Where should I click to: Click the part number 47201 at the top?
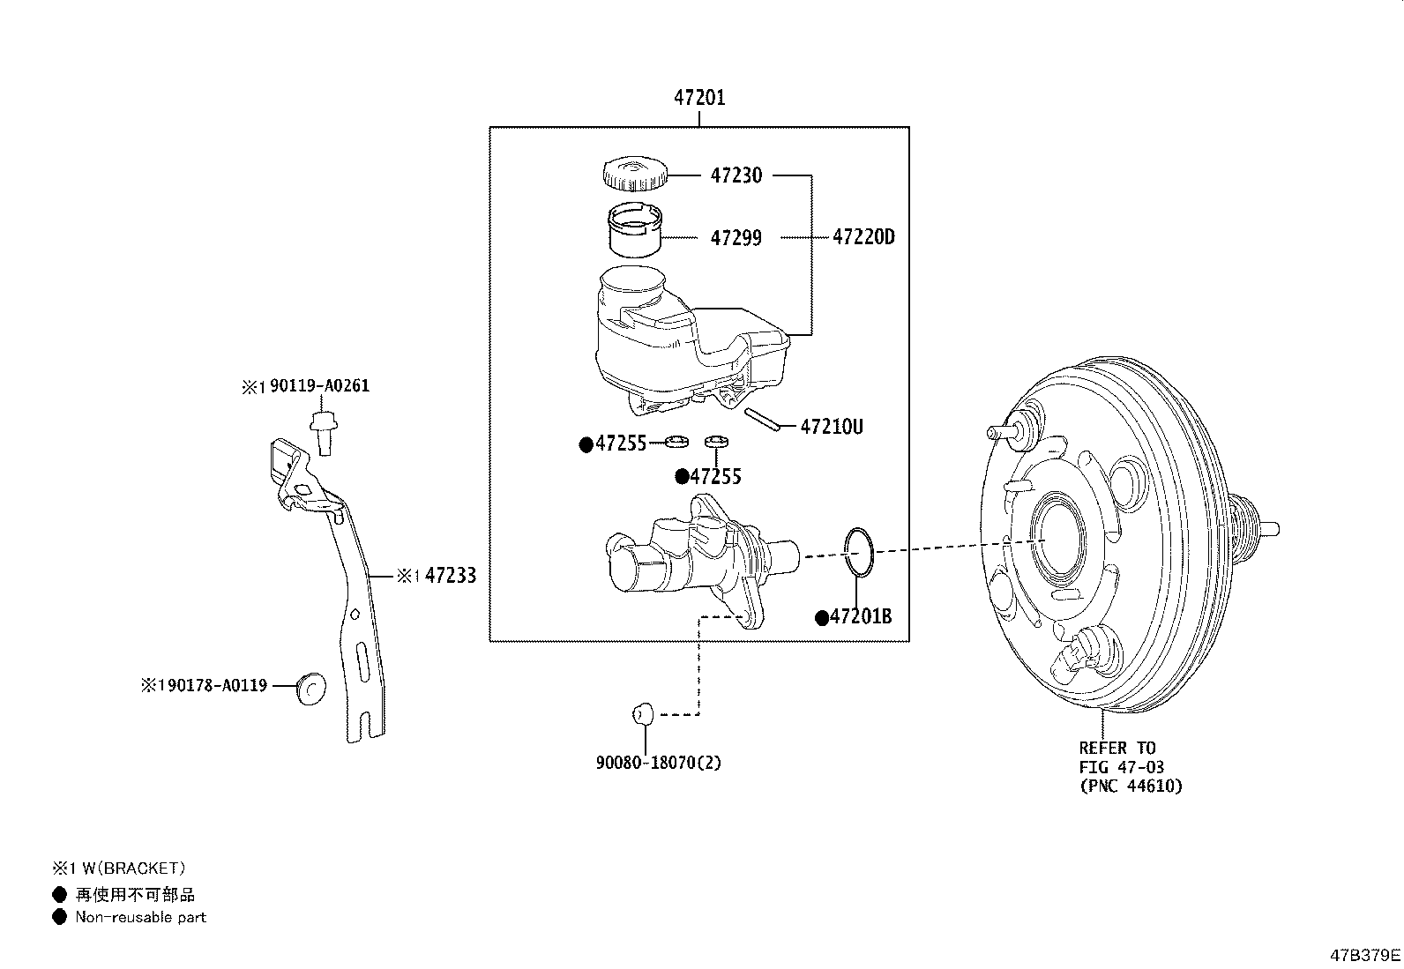(699, 98)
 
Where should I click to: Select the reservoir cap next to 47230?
(634, 173)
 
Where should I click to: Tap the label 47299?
(736, 238)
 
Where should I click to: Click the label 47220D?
(863, 237)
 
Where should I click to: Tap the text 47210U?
(831, 428)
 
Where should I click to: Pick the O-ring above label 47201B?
(860, 553)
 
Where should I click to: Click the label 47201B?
(860, 617)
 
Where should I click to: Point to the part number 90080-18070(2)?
(658, 763)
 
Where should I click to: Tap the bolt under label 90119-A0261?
(323, 433)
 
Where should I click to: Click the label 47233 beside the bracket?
(450, 577)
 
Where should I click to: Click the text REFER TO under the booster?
(1116, 749)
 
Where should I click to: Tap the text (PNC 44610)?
(1131, 786)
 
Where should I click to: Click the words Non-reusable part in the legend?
(140, 917)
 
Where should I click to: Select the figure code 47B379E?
(1365, 955)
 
